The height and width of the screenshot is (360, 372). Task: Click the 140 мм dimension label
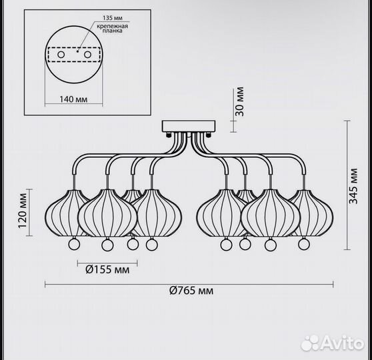click(73, 99)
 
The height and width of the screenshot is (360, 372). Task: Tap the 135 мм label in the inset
click(113, 18)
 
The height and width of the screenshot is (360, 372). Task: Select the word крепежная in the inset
click(112, 26)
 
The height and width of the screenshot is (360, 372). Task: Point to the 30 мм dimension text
click(239, 101)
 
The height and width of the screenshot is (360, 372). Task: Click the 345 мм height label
click(353, 186)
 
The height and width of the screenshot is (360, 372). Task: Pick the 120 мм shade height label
click(23, 211)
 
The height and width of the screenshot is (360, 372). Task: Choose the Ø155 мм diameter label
click(107, 270)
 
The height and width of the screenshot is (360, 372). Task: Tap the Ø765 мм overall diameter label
click(191, 290)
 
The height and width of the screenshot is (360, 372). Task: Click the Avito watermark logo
click(332, 343)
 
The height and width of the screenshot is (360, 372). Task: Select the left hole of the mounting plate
click(61, 55)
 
